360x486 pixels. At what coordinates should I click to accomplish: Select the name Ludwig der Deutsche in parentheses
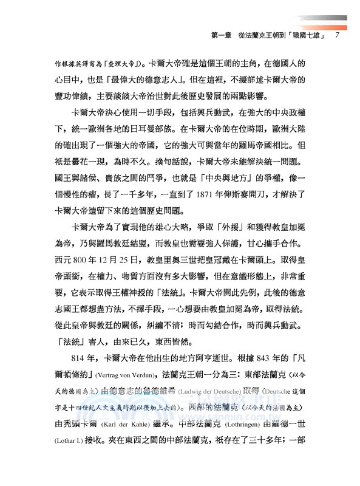pyautogui.click(x=209, y=385)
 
